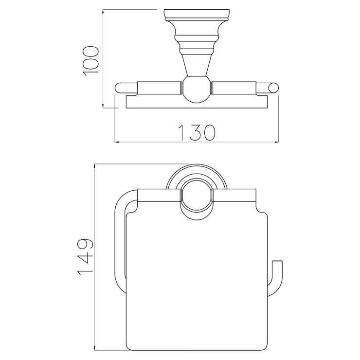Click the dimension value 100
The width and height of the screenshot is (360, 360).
point(90,61)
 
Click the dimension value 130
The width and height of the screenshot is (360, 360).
point(197,133)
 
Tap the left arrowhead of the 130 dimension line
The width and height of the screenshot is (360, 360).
point(117,142)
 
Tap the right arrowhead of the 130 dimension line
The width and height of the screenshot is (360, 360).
point(277,142)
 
